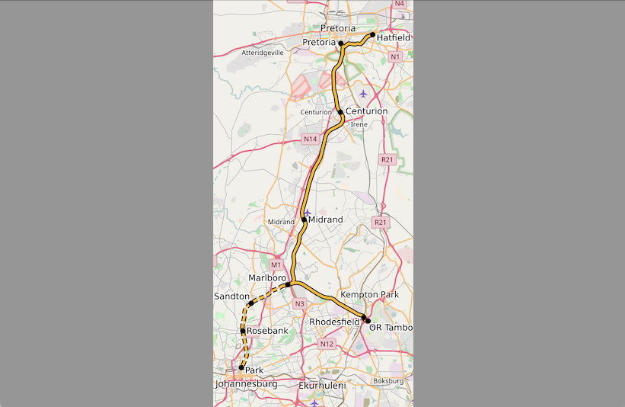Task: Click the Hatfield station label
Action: coord(393,37)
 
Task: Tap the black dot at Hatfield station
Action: coord(372,35)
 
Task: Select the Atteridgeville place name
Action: coord(262,53)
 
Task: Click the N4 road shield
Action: coord(400,4)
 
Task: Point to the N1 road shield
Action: coord(394,57)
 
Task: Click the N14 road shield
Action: coord(309,139)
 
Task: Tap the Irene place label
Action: coord(359,123)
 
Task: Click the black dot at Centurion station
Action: coord(340,112)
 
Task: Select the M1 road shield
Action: coord(276,264)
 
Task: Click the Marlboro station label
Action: coord(267,278)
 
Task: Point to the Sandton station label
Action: coord(231,296)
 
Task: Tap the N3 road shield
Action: coord(299,304)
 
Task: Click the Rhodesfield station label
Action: coord(334,322)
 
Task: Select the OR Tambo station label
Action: coord(390,328)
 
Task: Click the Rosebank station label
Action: coord(267,331)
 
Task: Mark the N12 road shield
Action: coord(327,344)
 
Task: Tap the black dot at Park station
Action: coord(241,368)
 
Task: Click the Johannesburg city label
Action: coord(246,384)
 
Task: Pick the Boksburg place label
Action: coord(388,381)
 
